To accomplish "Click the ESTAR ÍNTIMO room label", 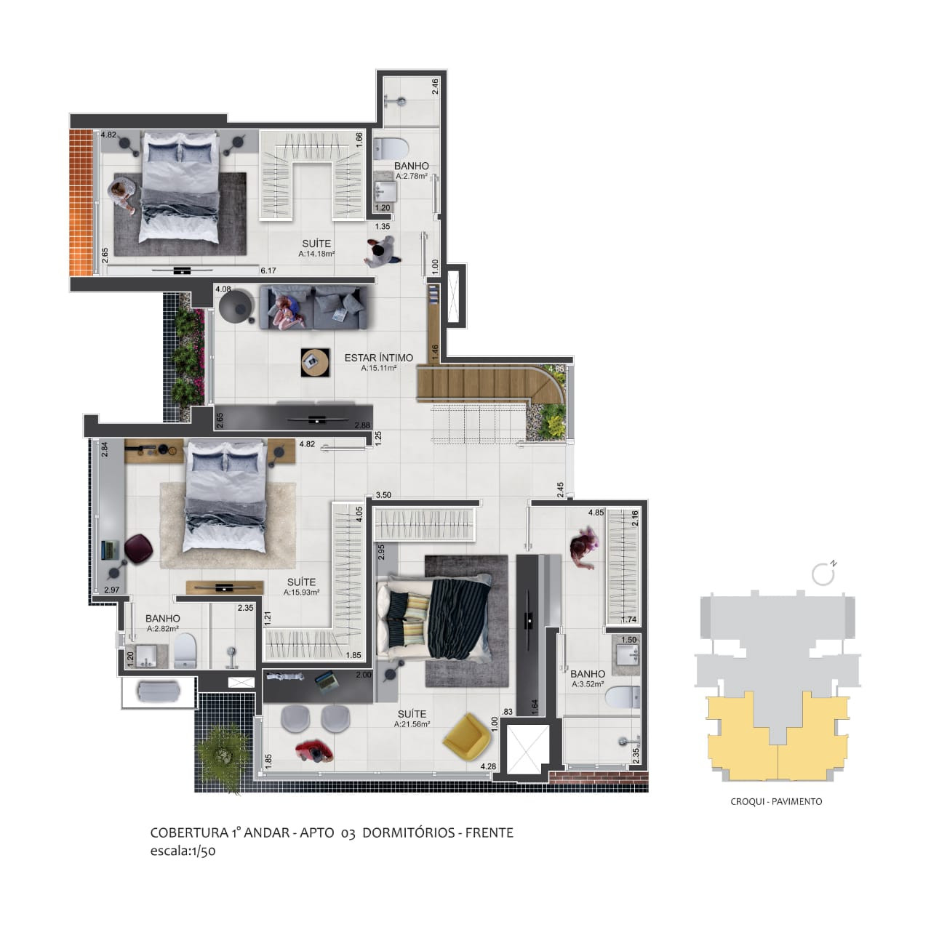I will [x=378, y=358].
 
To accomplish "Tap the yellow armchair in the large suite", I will [x=466, y=734].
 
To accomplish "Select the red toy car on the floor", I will [x=315, y=750].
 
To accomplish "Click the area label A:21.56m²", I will [x=412, y=724].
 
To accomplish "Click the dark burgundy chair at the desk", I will [x=137, y=548].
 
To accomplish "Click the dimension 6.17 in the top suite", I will [x=268, y=270].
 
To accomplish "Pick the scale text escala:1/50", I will [x=183, y=851].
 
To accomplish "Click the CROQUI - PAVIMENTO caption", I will [x=776, y=801].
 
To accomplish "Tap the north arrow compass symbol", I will [x=823, y=574].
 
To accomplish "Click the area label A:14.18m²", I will [x=316, y=254].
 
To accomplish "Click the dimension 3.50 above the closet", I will [x=383, y=495].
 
